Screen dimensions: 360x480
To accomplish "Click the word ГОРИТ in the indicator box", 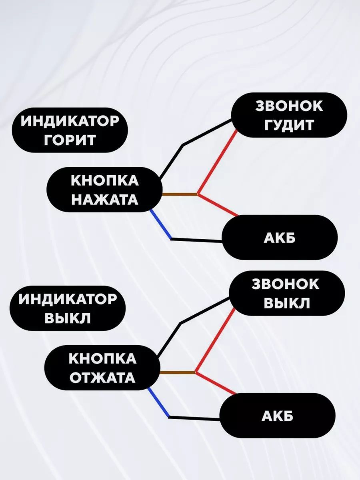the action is (70, 140).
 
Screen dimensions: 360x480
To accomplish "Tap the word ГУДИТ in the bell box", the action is (289, 125).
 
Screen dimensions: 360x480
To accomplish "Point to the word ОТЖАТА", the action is (102, 378).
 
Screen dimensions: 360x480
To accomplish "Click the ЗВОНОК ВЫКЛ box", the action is (286, 294).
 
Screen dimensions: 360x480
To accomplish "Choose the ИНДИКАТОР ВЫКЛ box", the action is (67, 308).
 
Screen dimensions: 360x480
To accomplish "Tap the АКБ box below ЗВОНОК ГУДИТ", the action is (280, 238).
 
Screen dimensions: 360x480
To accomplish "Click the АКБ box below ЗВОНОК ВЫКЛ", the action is (278, 416).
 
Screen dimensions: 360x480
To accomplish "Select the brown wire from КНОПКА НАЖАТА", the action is (179, 195).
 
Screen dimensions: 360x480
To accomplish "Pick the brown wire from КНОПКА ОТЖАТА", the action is (177, 373).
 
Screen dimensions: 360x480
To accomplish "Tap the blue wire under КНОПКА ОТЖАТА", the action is (158, 402).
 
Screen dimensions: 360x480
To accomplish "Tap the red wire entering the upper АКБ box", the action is (218, 205).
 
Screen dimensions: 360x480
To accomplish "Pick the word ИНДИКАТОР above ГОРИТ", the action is (70, 121).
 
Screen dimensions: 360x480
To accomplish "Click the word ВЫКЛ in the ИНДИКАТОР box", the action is (67, 319).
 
